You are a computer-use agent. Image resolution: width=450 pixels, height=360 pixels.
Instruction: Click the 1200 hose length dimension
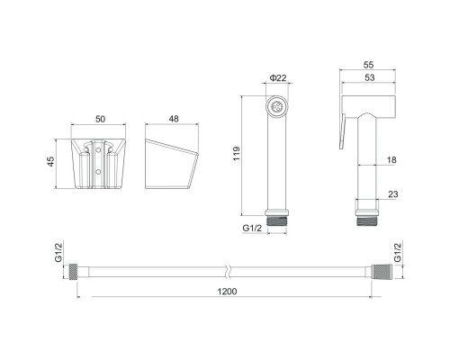pyautogui.click(x=227, y=292)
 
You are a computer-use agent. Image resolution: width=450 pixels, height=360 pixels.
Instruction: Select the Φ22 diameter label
pyautogui.click(x=278, y=78)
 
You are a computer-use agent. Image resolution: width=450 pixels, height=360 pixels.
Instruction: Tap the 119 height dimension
pyautogui.click(x=237, y=154)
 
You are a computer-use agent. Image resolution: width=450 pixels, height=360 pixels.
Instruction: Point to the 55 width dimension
pyautogui.click(x=368, y=65)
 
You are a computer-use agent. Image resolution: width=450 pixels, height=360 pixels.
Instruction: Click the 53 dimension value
pyautogui.click(x=369, y=77)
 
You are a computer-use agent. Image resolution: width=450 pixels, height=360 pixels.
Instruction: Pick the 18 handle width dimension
pyautogui.click(x=391, y=160)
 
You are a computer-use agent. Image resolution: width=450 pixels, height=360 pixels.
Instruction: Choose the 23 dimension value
pyautogui.click(x=393, y=194)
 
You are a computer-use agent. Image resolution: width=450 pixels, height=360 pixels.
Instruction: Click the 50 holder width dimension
pyautogui.click(x=100, y=119)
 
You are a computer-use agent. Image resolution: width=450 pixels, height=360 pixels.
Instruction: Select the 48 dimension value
pyautogui.click(x=174, y=119)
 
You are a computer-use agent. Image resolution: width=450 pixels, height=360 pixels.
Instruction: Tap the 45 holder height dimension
pyautogui.click(x=51, y=161)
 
